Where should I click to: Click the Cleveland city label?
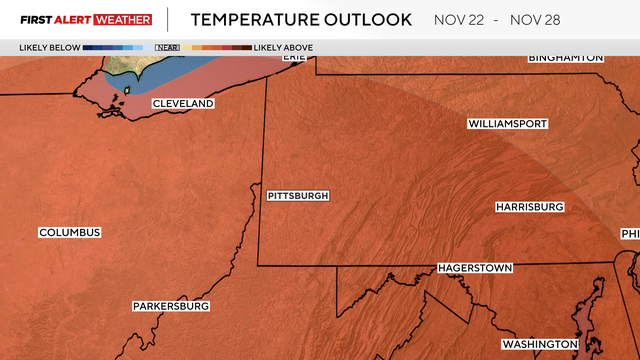pos(183,104)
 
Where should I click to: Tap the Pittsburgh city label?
pos(298,196)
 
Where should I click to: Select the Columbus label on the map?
pos(70,233)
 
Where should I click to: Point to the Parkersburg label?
pos(171,306)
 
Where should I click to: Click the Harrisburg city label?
pos(530,207)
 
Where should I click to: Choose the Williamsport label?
pos(507,124)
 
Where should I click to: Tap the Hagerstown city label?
pos(475,269)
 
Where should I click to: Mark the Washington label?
pos(540,344)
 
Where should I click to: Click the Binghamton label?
pos(566,58)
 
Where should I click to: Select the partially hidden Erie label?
pos(294,57)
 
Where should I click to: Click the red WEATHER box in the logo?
pos(123,19)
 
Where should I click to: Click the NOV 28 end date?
pos(567,19)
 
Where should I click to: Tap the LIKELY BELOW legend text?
pos(49,47)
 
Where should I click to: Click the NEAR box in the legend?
pos(166,47)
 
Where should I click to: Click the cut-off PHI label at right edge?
pos(629,234)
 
